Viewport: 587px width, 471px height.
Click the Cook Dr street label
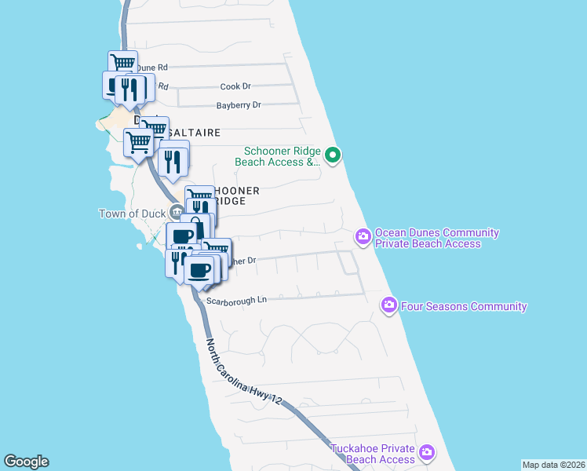pyautogui.click(x=235, y=86)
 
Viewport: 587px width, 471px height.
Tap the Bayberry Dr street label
pyautogui.click(x=239, y=105)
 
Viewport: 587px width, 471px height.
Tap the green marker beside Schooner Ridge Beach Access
pyautogui.click(x=333, y=155)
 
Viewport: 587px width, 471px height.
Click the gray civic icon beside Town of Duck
pyautogui.click(x=177, y=210)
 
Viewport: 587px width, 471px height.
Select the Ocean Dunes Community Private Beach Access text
pyautogui.click(x=436, y=238)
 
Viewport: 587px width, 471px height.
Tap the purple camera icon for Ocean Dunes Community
pyautogui.click(x=363, y=236)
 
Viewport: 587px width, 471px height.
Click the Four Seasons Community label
pyautogui.click(x=464, y=306)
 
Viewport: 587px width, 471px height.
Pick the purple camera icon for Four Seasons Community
pyautogui.click(x=389, y=305)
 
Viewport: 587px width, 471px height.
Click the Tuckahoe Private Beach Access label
pyautogui.click(x=372, y=454)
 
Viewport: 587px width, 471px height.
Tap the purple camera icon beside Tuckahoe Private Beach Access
pyautogui.click(x=427, y=452)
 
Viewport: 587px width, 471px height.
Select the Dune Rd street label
pyautogui.click(x=152, y=68)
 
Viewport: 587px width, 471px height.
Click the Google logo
pyautogui.click(x=26, y=462)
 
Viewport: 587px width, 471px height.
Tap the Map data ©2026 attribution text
pyautogui.click(x=553, y=465)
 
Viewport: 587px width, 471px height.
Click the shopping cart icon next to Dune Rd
pyautogui.click(x=122, y=63)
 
